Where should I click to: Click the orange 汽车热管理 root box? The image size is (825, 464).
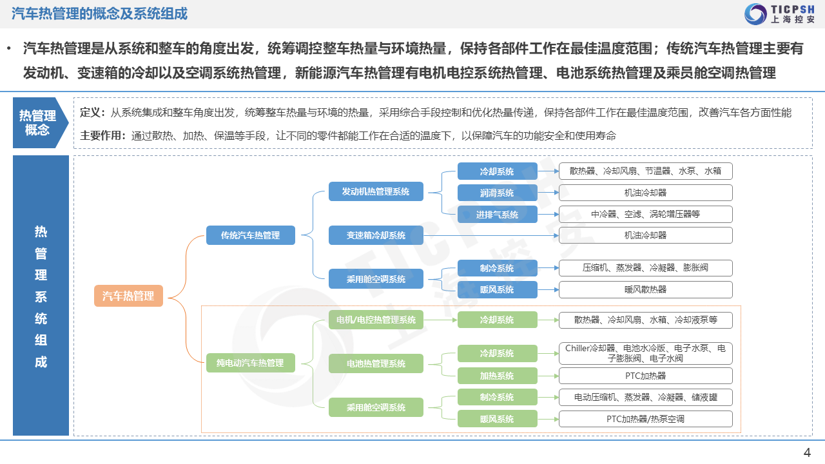point(128,296)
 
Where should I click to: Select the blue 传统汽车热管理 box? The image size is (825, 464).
point(251,235)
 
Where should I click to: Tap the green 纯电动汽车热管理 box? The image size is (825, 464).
point(251,363)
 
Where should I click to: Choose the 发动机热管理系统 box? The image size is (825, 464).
point(376,191)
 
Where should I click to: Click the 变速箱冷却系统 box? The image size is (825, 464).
point(376,235)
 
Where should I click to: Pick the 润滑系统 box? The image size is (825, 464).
point(497,193)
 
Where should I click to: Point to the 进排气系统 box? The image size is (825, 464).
point(497,215)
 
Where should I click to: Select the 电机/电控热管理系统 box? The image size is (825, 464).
point(376,320)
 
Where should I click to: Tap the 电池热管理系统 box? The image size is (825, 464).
point(376,363)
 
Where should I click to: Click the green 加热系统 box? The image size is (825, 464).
point(497,376)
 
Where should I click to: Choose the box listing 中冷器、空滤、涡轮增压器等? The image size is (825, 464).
point(646,215)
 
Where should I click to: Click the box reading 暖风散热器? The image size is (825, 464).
point(646,290)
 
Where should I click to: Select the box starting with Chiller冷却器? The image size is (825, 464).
point(646,354)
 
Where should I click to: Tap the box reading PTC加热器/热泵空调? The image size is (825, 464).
point(646,419)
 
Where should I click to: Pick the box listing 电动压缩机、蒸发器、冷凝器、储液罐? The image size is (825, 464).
point(646,398)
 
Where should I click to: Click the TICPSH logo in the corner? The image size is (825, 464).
point(779,14)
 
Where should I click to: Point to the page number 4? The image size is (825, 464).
point(807,452)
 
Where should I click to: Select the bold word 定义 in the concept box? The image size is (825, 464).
point(90,113)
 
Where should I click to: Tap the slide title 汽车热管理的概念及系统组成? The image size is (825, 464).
point(99,14)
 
